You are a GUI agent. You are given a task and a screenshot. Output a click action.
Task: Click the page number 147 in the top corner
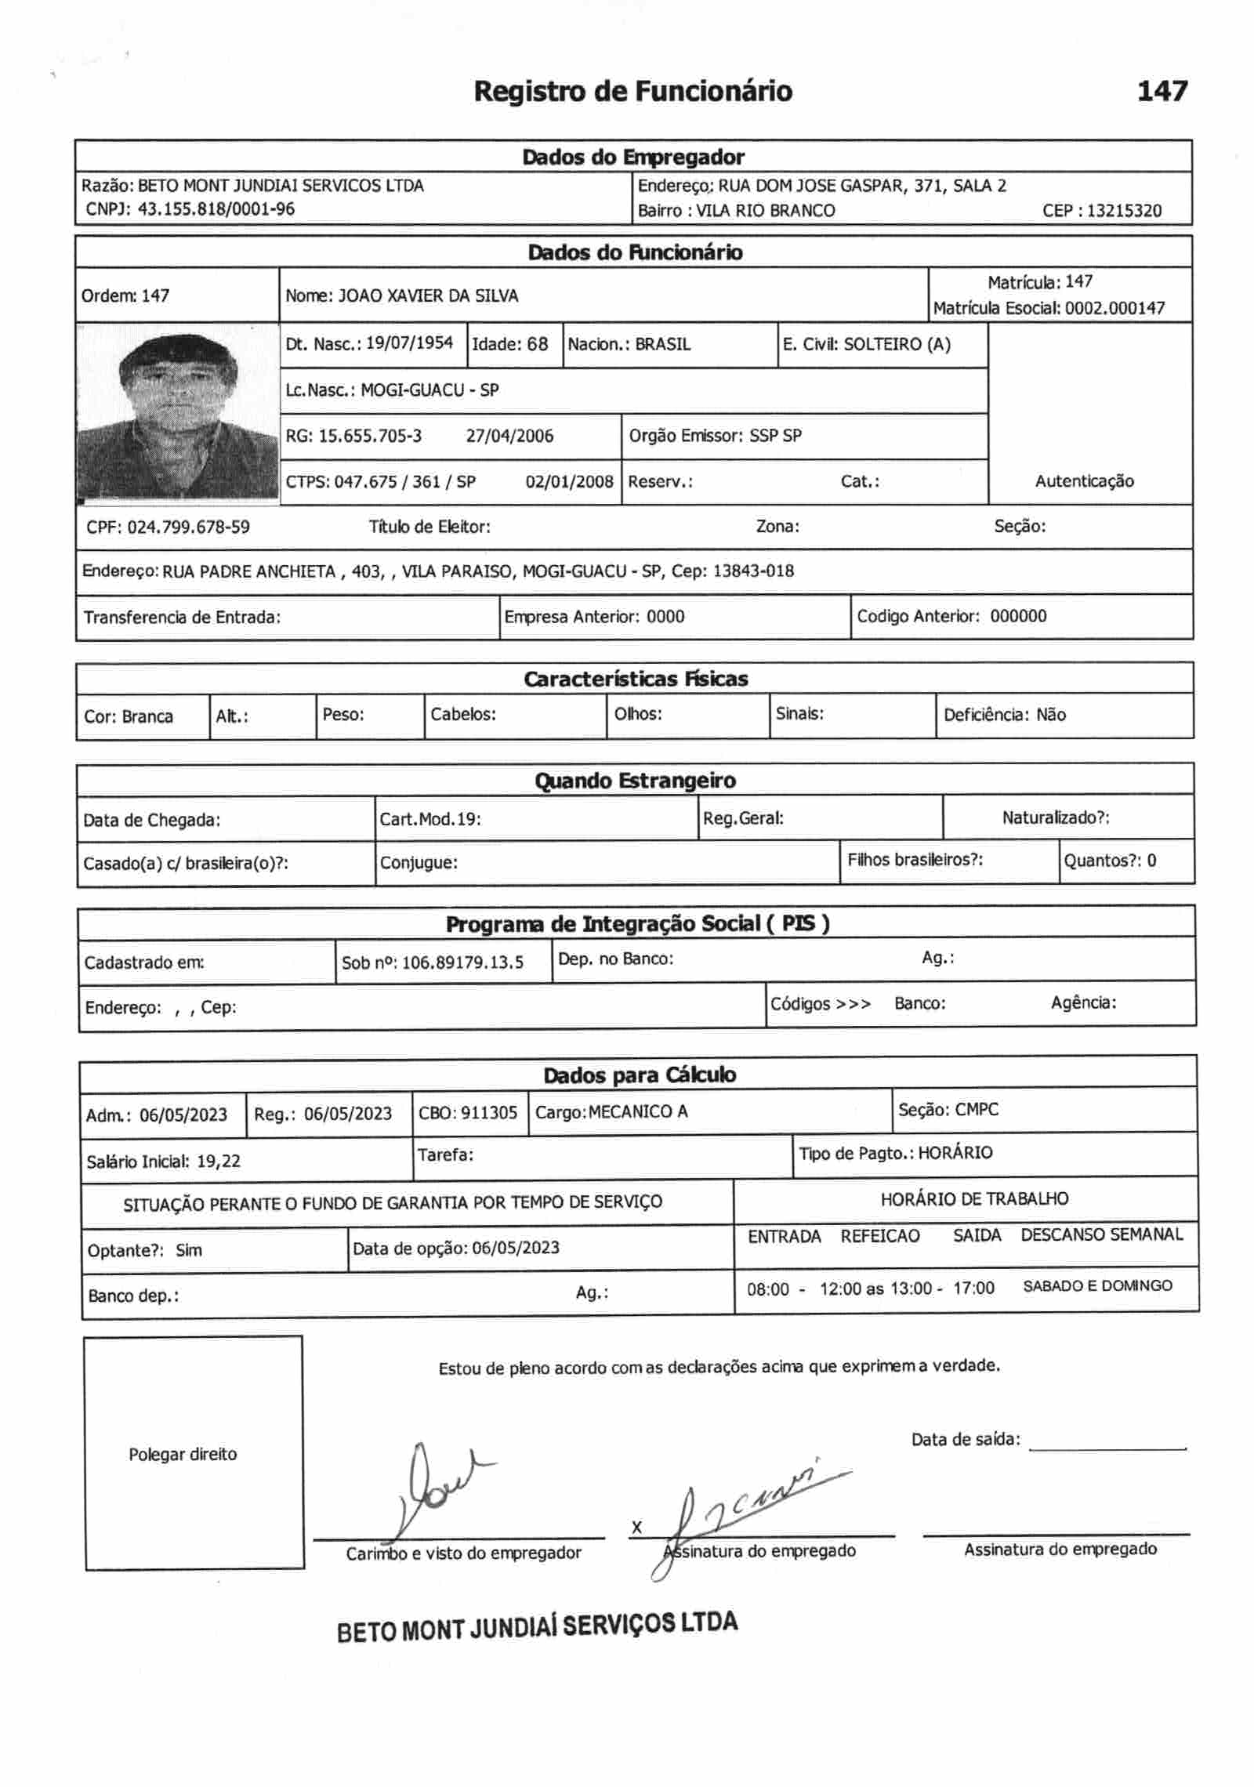click(1162, 92)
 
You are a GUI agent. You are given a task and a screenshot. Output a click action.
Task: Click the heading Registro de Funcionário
click(632, 92)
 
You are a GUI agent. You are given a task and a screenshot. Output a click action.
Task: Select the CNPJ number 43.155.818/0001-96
click(216, 209)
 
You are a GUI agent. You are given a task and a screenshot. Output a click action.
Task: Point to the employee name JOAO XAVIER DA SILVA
click(428, 296)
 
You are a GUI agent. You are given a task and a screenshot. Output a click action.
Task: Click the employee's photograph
click(178, 413)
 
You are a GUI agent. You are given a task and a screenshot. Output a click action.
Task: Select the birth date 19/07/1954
click(410, 343)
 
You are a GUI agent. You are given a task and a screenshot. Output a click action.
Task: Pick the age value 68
click(538, 344)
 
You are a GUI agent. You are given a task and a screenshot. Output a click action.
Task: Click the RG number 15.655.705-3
click(370, 436)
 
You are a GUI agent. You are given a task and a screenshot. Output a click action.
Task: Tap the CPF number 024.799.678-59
click(188, 527)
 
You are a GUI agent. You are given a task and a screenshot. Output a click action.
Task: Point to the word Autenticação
click(1084, 481)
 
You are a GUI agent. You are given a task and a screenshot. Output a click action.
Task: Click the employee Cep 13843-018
click(753, 571)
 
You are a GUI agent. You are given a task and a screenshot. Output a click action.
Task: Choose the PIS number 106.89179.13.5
click(462, 962)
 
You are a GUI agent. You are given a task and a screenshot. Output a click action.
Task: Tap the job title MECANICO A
click(638, 1112)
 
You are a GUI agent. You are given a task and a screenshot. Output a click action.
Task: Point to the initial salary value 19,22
click(219, 1162)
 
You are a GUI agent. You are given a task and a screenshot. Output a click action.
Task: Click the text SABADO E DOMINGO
click(1097, 1286)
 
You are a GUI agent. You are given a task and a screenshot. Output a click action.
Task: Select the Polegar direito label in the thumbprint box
click(183, 1455)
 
